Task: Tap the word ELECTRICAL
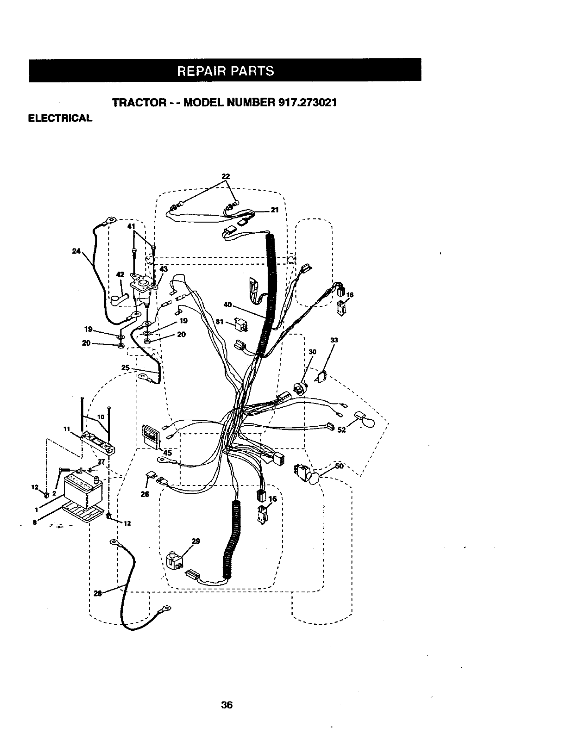(60, 118)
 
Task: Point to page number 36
(226, 705)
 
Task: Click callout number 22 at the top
(226, 176)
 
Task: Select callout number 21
(274, 210)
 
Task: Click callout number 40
(227, 304)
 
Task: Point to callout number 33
(334, 341)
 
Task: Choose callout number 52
(342, 430)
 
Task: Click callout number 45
(167, 453)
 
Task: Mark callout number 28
(98, 594)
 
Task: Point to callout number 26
(145, 494)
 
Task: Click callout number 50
(339, 466)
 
